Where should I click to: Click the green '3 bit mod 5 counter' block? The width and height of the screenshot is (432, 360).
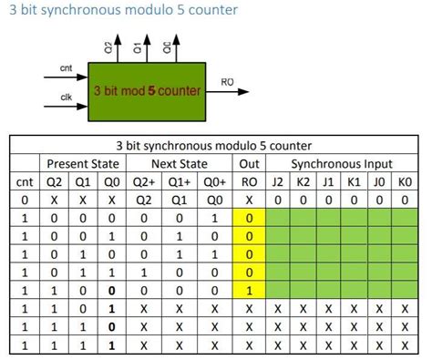pyautogui.click(x=147, y=90)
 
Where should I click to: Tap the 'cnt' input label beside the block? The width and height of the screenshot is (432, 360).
pyautogui.click(x=66, y=68)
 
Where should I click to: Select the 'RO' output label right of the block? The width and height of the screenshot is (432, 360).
pyautogui.click(x=228, y=82)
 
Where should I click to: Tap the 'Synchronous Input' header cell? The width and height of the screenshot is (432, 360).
pyautogui.click(x=342, y=164)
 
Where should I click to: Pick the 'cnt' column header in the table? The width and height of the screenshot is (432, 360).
pyautogui.click(x=25, y=181)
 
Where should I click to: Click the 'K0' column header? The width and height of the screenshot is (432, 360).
pyautogui.click(x=406, y=181)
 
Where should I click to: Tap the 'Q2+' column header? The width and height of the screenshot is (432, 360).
pyautogui.click(x=145, y=181)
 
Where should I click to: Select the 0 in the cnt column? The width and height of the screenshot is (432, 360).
pyautogui.click(x=25, y=200)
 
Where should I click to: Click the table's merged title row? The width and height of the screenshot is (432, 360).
pyautogui.click(x=214, y=145)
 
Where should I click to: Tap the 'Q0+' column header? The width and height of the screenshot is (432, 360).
pyautogui.click(x=214, y=181)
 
